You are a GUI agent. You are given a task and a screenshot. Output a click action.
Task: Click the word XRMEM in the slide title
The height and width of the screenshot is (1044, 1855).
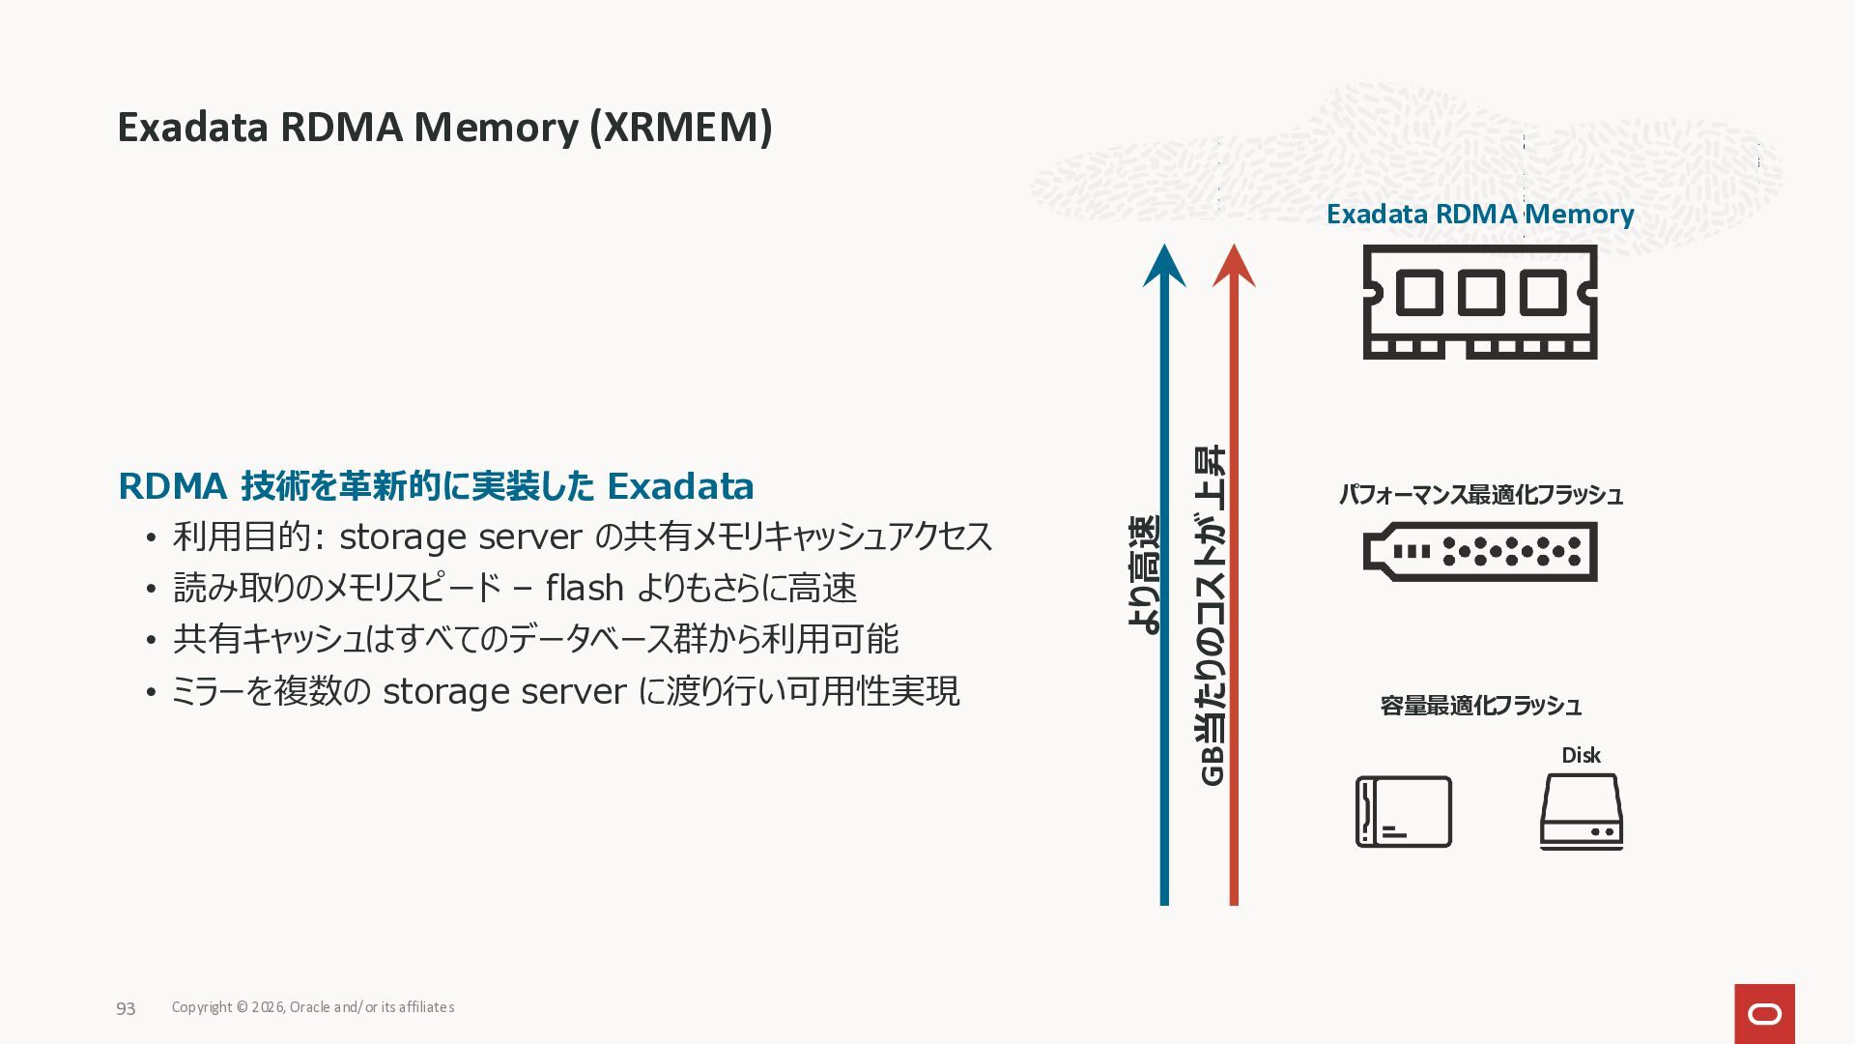point(681,128)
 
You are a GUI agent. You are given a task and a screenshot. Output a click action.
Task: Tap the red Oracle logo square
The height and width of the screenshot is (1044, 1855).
point(1764,1013)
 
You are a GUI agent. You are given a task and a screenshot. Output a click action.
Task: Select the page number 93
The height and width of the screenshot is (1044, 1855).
point(126,1008)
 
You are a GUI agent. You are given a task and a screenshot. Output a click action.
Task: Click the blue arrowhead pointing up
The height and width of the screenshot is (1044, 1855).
point(1164,267)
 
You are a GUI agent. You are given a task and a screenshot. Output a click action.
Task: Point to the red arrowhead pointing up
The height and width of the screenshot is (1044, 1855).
point(1234,267)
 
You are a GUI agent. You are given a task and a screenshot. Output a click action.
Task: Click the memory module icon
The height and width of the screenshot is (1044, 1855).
point(1479,302)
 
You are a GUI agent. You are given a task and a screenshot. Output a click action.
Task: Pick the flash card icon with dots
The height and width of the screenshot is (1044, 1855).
point(1479,552)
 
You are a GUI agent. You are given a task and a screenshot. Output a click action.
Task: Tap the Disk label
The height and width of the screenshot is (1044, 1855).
point(1581,755)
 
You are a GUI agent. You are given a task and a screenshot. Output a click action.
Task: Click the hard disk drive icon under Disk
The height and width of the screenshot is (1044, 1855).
point(1581,812)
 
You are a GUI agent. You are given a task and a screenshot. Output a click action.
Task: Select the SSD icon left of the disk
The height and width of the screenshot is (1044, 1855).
point(1403,812)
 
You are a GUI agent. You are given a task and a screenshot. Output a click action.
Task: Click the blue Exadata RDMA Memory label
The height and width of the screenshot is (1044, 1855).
point(1479,214)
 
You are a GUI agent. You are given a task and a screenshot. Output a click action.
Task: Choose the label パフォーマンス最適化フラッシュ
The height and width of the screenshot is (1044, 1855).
point(1480,495)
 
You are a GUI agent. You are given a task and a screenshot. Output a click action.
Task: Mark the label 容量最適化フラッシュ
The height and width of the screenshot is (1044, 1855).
point(1480,706)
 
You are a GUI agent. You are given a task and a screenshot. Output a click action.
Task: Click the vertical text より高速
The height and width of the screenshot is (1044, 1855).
point(1144,574)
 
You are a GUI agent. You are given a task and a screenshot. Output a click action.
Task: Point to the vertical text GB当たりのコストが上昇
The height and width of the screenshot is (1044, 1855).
point(1212,615)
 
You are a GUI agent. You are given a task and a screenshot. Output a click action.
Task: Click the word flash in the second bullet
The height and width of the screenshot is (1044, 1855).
point(584,588)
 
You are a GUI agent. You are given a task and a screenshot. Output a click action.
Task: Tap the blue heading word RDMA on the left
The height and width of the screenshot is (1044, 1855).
point(172,486)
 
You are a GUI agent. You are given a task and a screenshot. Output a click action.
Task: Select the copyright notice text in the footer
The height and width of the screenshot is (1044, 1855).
point(313,1007)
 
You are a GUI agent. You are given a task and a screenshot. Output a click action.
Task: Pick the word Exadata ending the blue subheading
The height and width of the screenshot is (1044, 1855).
point(680,486)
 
